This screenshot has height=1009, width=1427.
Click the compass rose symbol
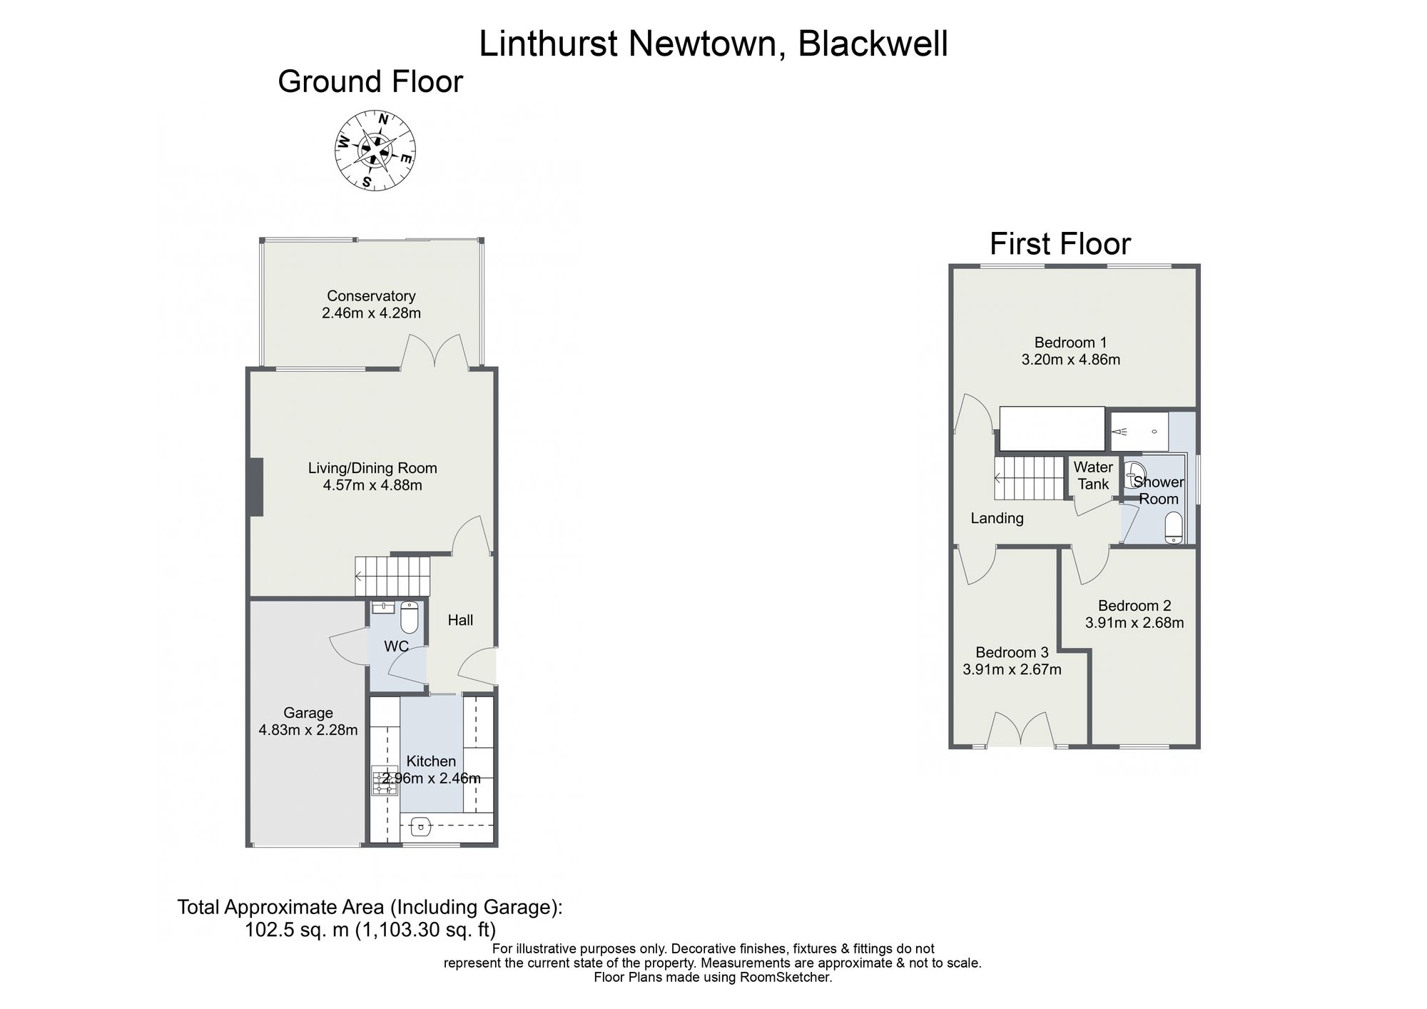(x=375, y=151)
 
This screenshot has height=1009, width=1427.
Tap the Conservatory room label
(x=371, y=296)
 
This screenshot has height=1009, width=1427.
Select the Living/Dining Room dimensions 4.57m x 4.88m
(x=372, y=486)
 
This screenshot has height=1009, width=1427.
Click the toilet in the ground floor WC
(x=409, y=617)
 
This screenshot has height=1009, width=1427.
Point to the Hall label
(x=460, y=620)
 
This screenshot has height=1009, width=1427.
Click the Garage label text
(x=308, y=713)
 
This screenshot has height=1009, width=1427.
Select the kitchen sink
(x=421, y=828)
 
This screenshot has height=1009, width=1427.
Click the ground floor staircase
(x=393, y=576)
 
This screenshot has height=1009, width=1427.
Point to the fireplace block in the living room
(x=256, y=487)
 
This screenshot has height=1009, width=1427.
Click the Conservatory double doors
(x=435, y=353)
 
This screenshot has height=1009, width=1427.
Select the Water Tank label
(x=1093, y=476)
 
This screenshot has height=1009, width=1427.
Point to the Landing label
(x=997, y=519)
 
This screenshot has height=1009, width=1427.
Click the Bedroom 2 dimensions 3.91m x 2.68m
(x=1134, y=623)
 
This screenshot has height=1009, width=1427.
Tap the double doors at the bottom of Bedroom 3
(x=1021, y=729)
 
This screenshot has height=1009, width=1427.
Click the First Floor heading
(x=1060, y=244)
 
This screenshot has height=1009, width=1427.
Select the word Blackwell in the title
(x=873, y=44)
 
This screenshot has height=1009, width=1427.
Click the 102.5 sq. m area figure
(x=297, y=930)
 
